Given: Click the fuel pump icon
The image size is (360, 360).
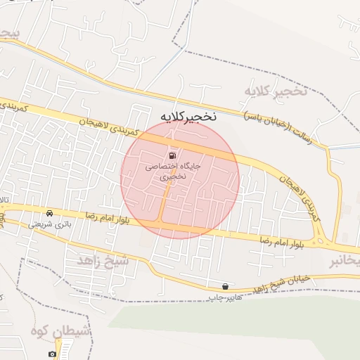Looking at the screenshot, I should [x=172, y=155].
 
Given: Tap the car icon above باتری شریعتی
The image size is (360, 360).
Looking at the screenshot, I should [x=49, y=213].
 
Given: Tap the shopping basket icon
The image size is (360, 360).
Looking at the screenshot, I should [x=225, y=286].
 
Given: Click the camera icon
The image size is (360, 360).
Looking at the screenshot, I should [x=53, y=354].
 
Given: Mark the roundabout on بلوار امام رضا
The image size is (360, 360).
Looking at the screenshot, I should [x=321, y=242].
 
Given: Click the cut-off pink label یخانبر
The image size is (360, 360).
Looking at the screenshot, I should [x=345, y=262].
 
